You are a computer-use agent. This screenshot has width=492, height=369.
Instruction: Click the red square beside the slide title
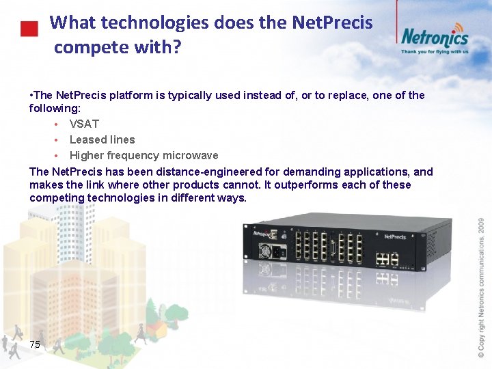click(x=28, y=29)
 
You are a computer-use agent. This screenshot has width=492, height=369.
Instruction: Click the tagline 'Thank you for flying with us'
click(x=434, y=51)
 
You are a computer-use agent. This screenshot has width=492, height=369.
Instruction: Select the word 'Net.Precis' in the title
click(x=332, y=23)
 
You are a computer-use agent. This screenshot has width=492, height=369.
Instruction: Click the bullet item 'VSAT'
click(x=84, y=124)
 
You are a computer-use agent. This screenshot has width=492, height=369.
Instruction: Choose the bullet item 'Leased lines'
click(x=102, y=139)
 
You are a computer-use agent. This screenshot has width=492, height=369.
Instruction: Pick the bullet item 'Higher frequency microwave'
click(x=143, y=155)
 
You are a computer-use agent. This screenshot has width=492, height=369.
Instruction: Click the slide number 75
click(x=35, y=345)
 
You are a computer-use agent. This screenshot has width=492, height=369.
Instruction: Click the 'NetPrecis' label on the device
click(x=395, y=237)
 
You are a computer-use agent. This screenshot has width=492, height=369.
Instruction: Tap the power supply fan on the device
click(x=264, y=251)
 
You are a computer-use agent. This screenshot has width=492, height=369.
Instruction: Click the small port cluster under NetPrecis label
click(x=387, y=259)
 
